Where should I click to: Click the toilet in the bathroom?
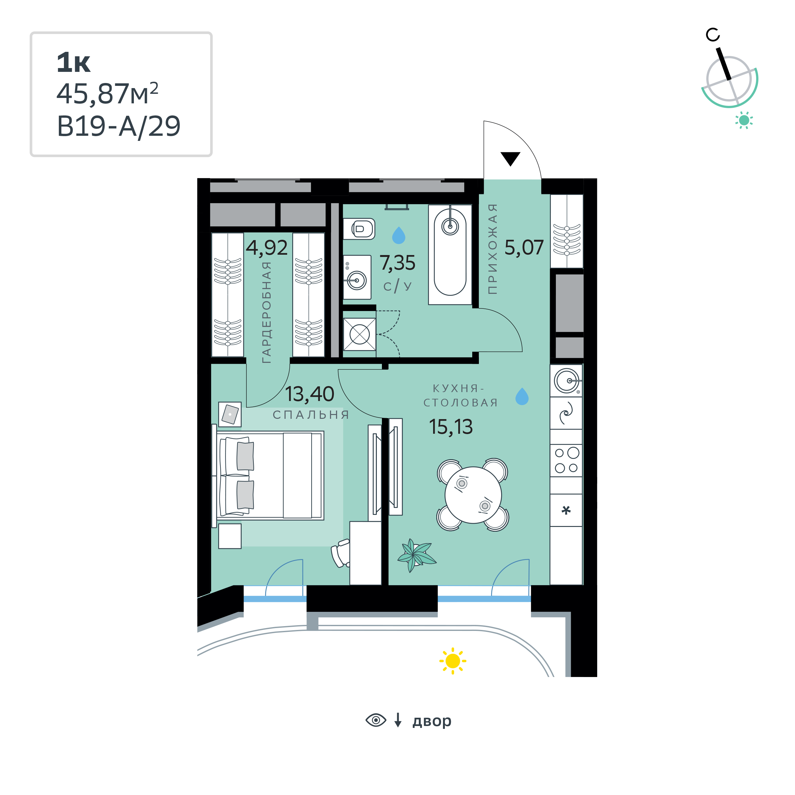359,229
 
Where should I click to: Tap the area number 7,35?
397,263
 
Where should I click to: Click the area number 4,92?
267,248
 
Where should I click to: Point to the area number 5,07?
524,248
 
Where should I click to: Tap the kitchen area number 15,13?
451,427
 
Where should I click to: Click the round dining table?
473,494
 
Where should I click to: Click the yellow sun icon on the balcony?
453,661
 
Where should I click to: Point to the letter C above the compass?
713,35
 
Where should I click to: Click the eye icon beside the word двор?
376,720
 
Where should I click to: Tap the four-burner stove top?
566,460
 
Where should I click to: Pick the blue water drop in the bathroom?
399,235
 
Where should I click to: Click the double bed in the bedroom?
270,476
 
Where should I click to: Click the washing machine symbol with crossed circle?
360,334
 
